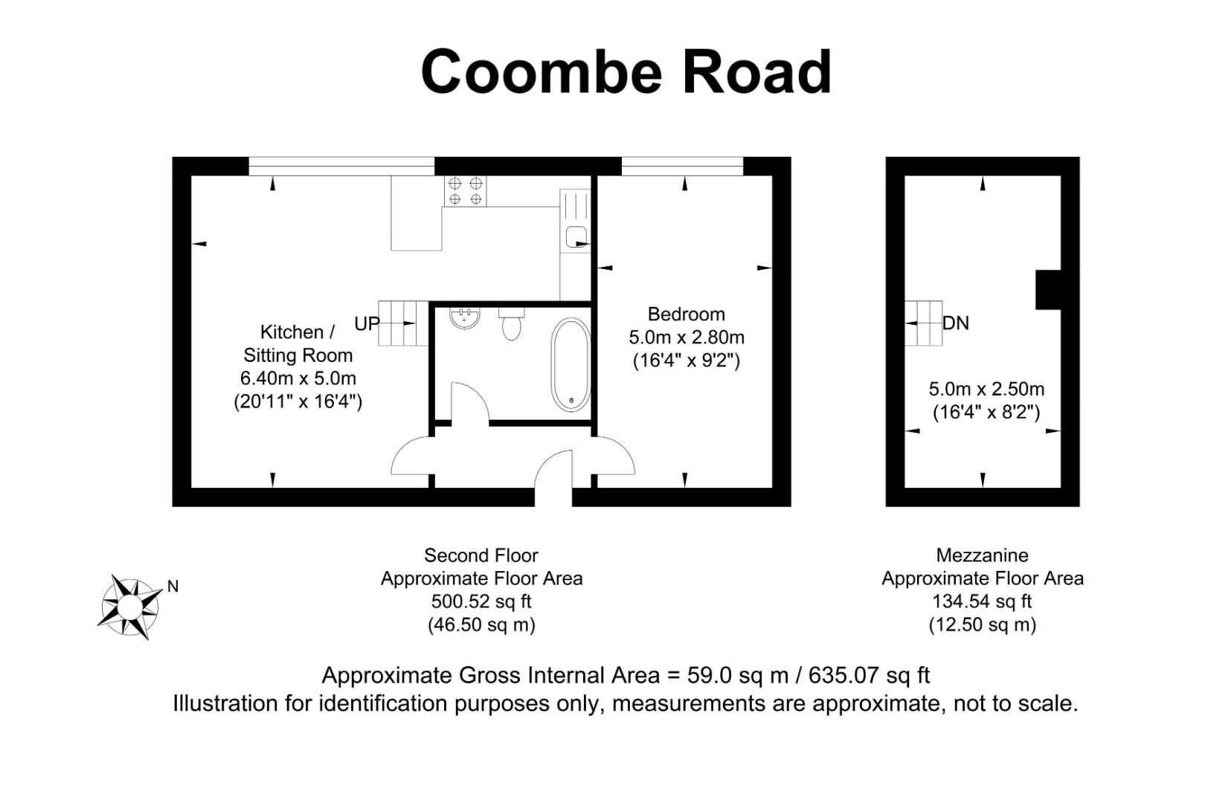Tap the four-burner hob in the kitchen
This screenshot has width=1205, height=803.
[x=465, y=191]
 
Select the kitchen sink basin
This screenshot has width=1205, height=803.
[x=576, y=237]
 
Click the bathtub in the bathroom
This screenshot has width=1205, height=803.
[x=571, y=364]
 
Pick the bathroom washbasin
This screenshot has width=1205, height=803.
[x=466, y=317]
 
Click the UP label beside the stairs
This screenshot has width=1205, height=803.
[x=367, y=323]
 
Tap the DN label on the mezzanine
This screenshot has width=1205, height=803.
[x=956, y=323]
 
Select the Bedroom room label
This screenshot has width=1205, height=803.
[x=686, y=315]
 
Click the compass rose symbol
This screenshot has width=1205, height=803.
[x=129, y=607]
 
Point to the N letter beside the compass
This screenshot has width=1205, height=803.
[x=173, y=587]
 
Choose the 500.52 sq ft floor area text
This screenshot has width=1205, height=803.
[x=481, y=602]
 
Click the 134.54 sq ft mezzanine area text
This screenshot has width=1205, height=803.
[x=982, y=602]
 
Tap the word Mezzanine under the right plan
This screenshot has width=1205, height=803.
[x=982, y=555]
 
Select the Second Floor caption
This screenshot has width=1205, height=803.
[x=481, y=555]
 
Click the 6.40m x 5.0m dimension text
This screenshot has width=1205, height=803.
[x=298, y=378]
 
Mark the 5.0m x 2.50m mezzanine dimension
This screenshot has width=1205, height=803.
[x=986, y=389]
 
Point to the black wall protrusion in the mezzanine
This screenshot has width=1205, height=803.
[x=1048, y=290]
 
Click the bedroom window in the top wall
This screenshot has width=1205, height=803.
[x=682, y=167]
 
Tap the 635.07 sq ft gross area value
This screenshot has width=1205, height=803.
[x=869, y=675]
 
